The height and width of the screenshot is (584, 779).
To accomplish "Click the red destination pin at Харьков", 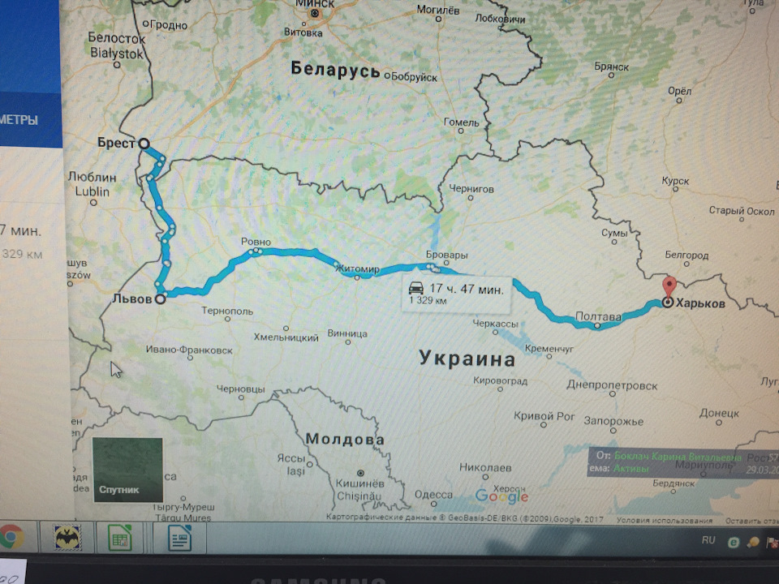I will click(669, 288).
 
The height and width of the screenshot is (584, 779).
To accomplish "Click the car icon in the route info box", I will click(415, 288).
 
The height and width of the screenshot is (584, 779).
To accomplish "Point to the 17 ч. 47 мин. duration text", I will click(467, 288).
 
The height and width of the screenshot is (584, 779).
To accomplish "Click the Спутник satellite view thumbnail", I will click(127, 470).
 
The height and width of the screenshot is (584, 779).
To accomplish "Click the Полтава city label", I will click(598, 316).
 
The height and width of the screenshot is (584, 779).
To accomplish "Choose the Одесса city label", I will click(433, 495).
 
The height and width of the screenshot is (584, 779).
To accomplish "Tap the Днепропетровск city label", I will click(613, 385).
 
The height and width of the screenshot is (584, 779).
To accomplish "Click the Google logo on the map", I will click(501, 496).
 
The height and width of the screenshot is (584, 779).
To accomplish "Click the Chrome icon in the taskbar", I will click(11, 537).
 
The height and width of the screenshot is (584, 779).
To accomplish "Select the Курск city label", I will click(675, 182).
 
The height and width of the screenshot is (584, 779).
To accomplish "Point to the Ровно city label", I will click(256, 242).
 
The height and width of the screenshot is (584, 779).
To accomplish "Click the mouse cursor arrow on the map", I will click(116, 370).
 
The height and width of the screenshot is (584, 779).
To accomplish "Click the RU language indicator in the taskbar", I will click(708, 539).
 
